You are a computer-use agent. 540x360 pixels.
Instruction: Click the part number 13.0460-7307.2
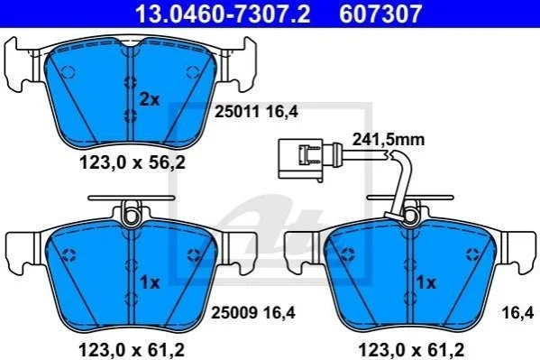pos(223,14)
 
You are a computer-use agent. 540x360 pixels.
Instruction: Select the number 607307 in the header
pos(381,14)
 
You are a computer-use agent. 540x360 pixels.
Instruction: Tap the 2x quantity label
pos(150,100)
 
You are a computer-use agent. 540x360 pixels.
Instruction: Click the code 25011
pos(237,111)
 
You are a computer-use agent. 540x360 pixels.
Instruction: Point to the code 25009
pos(234,313)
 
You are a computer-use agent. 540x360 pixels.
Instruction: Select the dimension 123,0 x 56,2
pos(133,162)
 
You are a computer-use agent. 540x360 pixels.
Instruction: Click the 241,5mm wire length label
pos(389,140)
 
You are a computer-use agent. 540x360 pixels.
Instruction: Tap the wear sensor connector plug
pos(300,160)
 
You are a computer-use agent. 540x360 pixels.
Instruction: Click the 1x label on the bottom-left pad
pos(150,282)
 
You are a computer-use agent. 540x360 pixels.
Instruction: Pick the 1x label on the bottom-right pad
pos(426,282)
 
